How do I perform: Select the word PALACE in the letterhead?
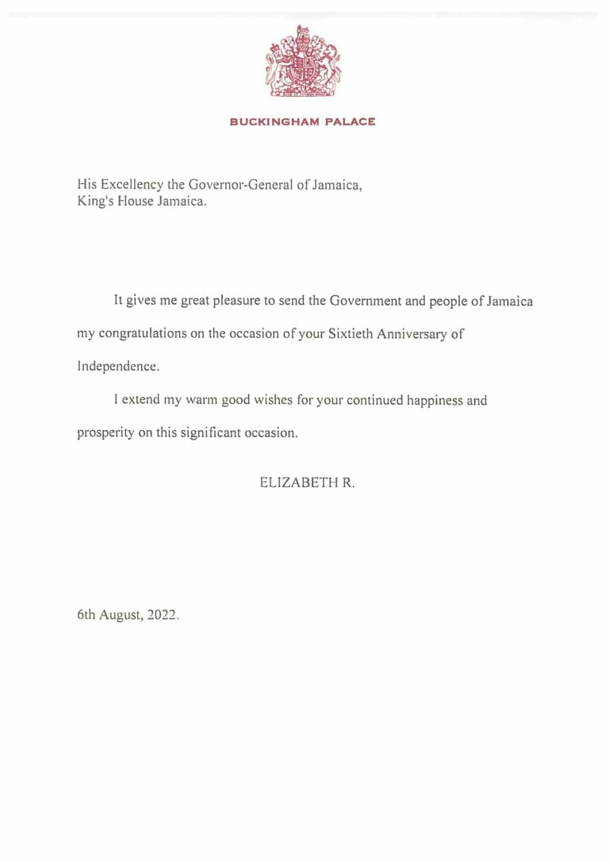(350, 122)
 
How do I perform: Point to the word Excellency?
(132, 185)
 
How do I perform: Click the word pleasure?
(234, 302)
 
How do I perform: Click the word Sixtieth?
(350, 334)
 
